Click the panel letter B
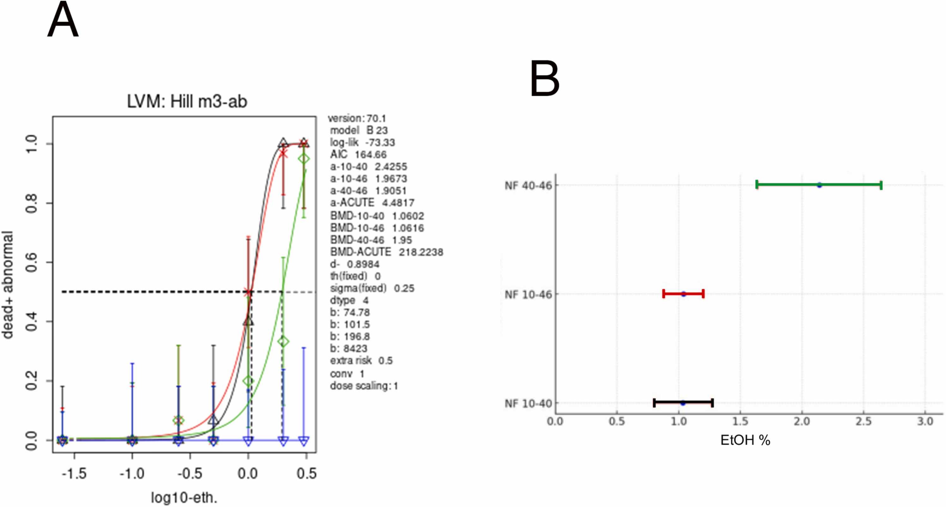[545, 78]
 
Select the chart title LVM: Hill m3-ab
[187, 101]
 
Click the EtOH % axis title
[745, 440]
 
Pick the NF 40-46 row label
[528, 186]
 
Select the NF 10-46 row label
[528, 295]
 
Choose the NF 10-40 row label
[528, 403]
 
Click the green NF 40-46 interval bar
[819, 185]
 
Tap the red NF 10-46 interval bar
[683, 294]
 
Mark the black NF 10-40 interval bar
[683, 403]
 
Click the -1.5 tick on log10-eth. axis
[74, 473]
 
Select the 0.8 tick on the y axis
[32, 203]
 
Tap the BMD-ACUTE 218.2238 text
[387, 252]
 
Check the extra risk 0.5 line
[361, 360]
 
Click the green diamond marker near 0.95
[304, 159]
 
